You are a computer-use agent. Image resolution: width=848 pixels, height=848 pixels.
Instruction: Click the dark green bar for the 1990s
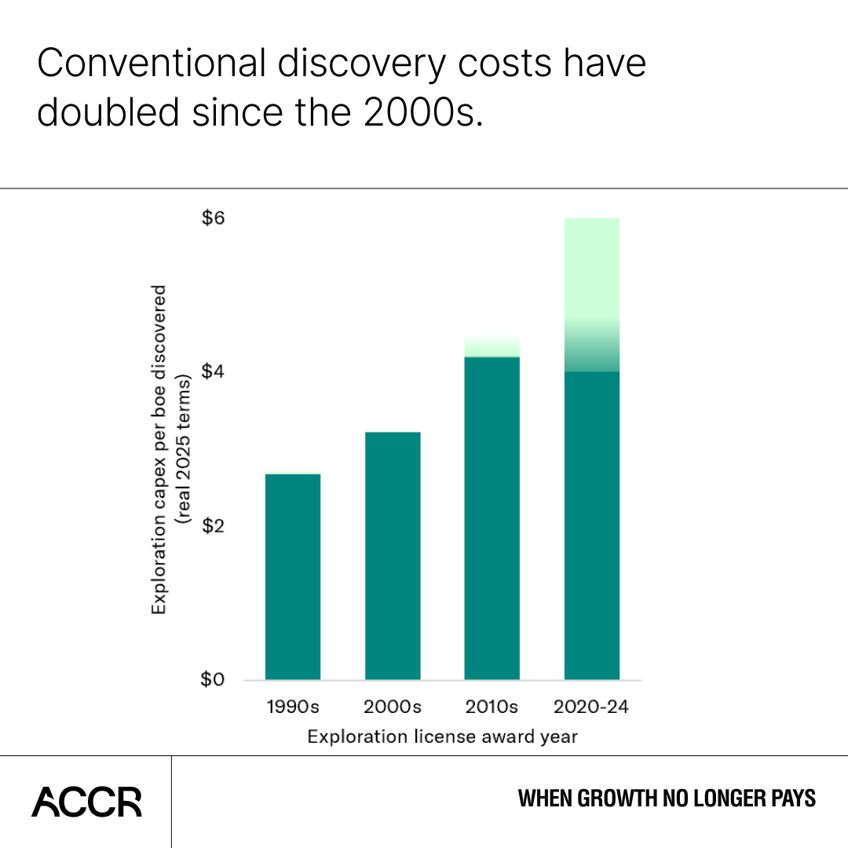pos(293,576)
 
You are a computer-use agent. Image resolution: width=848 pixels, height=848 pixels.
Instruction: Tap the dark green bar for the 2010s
pos(492,518)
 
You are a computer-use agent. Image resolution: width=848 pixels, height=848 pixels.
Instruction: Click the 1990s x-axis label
pos(293,707)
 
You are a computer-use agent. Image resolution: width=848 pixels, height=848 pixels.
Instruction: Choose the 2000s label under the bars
pos(393,707)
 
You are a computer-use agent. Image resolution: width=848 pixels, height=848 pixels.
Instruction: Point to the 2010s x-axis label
pos(492,707)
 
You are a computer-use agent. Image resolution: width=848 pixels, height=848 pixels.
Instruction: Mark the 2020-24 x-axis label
pos(592,707)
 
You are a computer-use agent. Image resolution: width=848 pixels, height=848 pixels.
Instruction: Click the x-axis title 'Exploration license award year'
pos(443,737)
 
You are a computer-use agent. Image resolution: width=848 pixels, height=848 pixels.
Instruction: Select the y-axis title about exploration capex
pos(171,450)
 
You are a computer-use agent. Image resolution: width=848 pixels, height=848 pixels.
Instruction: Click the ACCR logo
pos(87,801)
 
